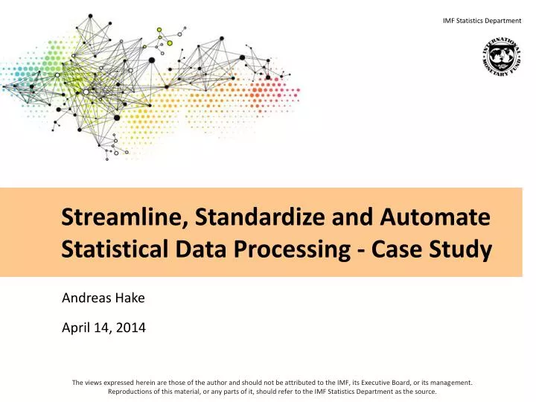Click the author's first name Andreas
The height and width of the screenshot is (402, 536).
pyautogui.click(x=85, y=299)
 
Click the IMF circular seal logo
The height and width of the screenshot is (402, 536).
pyautogui.click(x=502, y=56)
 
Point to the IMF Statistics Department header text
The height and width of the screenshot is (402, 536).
pyautogui.click(x=482, y=20)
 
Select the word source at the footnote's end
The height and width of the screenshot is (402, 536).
pyautogui.click(x=424, y=391)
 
